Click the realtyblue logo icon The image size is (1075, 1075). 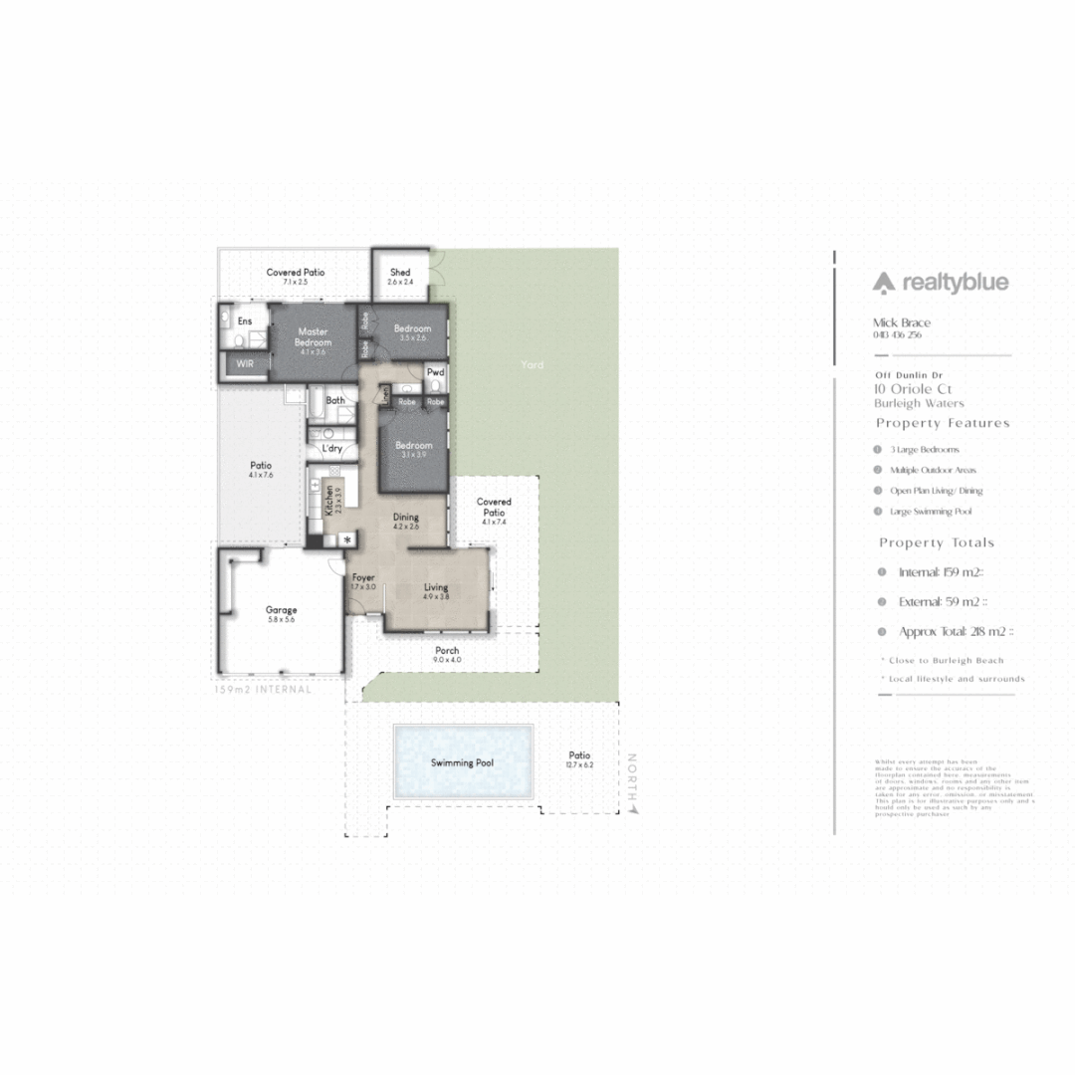[884, 284]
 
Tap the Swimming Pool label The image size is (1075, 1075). [462, 763]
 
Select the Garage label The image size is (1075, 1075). [281, 610]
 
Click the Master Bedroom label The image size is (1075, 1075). [314, 337]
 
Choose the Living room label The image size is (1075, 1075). [436, 588]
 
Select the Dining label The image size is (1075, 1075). [405, 518]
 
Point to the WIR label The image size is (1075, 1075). [244, 365]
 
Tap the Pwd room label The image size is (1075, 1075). [435, 372]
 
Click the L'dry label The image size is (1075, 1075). [331, 449]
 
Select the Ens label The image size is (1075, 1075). [244, 322]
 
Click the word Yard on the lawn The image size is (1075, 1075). [532, 365]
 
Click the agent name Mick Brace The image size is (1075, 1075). [901, 322]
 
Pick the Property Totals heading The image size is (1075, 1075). [936, 542]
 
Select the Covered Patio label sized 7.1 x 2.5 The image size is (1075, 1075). [296, 273]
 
